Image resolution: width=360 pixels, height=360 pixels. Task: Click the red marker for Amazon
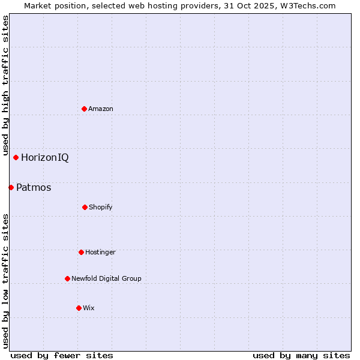click(x=85, y=109)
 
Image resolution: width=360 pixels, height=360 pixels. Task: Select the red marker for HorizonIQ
click(x=16, y=158)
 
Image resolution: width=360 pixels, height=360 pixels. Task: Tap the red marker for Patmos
click(x=11, y=188)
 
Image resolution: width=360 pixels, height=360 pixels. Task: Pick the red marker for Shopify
click(x=85, y=207)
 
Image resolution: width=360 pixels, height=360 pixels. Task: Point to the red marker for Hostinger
click(x=81, y=252)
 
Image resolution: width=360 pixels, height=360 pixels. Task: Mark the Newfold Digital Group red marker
click(x=67, y=278)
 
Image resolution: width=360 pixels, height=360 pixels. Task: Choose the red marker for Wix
click(x=79, y=308)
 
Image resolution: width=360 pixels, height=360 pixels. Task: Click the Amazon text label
click(x=101, y=109)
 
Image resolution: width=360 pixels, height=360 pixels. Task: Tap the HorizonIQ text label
click(x=45, y=158)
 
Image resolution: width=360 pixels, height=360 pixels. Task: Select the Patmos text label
click(x=34, y=188)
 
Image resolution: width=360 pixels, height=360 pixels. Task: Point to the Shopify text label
click(x=101, y=207)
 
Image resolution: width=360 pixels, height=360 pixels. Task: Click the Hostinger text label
click(x=100, y=252)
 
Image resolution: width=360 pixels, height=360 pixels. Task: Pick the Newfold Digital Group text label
click(x=106, y=278)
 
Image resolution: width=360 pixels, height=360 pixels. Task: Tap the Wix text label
click(x=89, y=308)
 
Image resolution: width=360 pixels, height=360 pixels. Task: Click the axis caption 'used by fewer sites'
click(x=62, y=355)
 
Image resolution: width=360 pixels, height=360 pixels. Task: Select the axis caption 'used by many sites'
click(x=301, y=355)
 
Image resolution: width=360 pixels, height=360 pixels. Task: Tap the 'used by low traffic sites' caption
click(x=5, y=281)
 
